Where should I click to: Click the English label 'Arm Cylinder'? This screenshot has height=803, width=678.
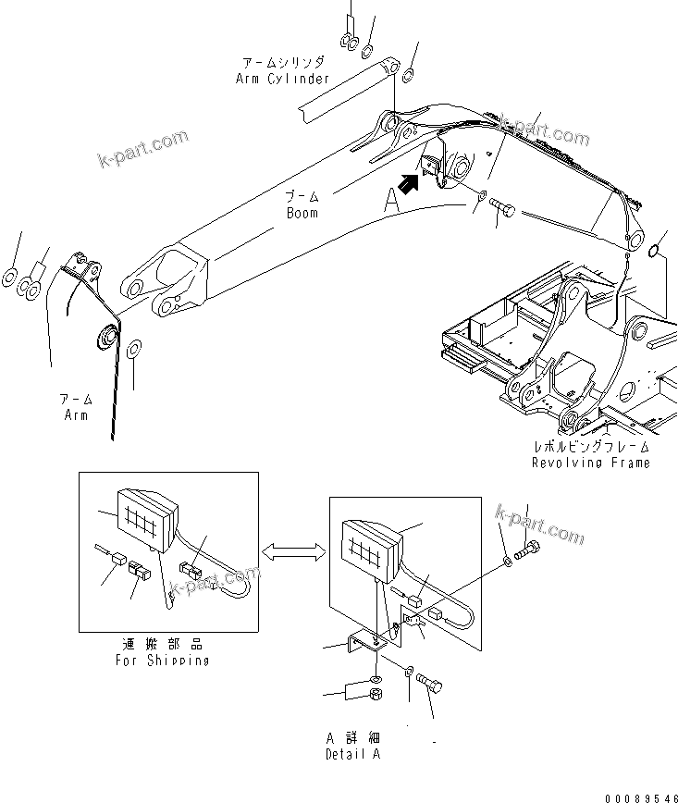282,79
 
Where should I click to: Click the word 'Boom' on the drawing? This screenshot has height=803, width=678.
302,213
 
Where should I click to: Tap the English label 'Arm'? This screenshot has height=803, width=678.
76,415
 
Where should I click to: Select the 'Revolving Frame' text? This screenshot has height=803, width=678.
590,462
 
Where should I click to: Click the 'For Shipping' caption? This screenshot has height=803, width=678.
163,660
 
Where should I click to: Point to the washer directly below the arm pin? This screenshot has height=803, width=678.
133,349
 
